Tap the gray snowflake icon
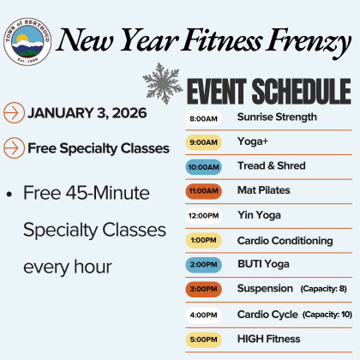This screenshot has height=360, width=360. [x=163, y=82]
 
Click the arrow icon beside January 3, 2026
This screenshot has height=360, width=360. [x=15, y=112]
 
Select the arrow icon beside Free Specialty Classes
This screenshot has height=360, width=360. [x=15, y=147]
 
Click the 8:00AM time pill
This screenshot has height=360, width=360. [x=203, y=117]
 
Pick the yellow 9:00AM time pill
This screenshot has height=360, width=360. [x=203, y=141]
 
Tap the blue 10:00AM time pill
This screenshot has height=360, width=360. [x=203, y=166]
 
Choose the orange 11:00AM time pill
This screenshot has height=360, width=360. [x=203, y=191]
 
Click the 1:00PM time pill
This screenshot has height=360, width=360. [x=203, y=240]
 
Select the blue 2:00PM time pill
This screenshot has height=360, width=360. [x=203, y=265]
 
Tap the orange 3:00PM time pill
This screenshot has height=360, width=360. [x=203, y=290]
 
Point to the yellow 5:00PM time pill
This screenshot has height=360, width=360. [x=203, y=339]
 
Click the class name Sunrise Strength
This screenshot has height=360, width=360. [x=277, y=117]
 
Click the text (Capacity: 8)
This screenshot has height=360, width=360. [x=323, y=290]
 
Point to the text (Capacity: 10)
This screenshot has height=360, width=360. [x=327, y=315]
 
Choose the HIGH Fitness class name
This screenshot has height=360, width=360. [x=268, y=339]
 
